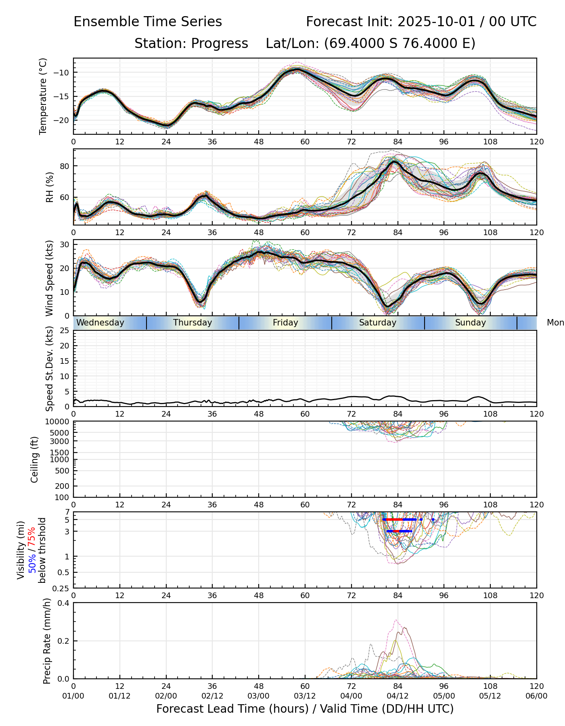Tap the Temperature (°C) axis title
pos(43,96)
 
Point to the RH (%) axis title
pos(50,187)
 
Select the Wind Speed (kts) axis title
pos(49,278)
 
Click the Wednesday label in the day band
pos(100,323)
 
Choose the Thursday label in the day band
pos(193,323)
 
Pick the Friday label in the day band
pos(285,323)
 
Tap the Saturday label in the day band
pos(378,323)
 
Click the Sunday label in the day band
pos(471,323)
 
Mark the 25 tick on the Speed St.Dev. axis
pos(65,331)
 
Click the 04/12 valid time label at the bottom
pos(398,696)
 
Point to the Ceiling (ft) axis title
pos(35,459)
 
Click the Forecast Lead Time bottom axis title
pos(305,709)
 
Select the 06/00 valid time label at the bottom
pos(536,696)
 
